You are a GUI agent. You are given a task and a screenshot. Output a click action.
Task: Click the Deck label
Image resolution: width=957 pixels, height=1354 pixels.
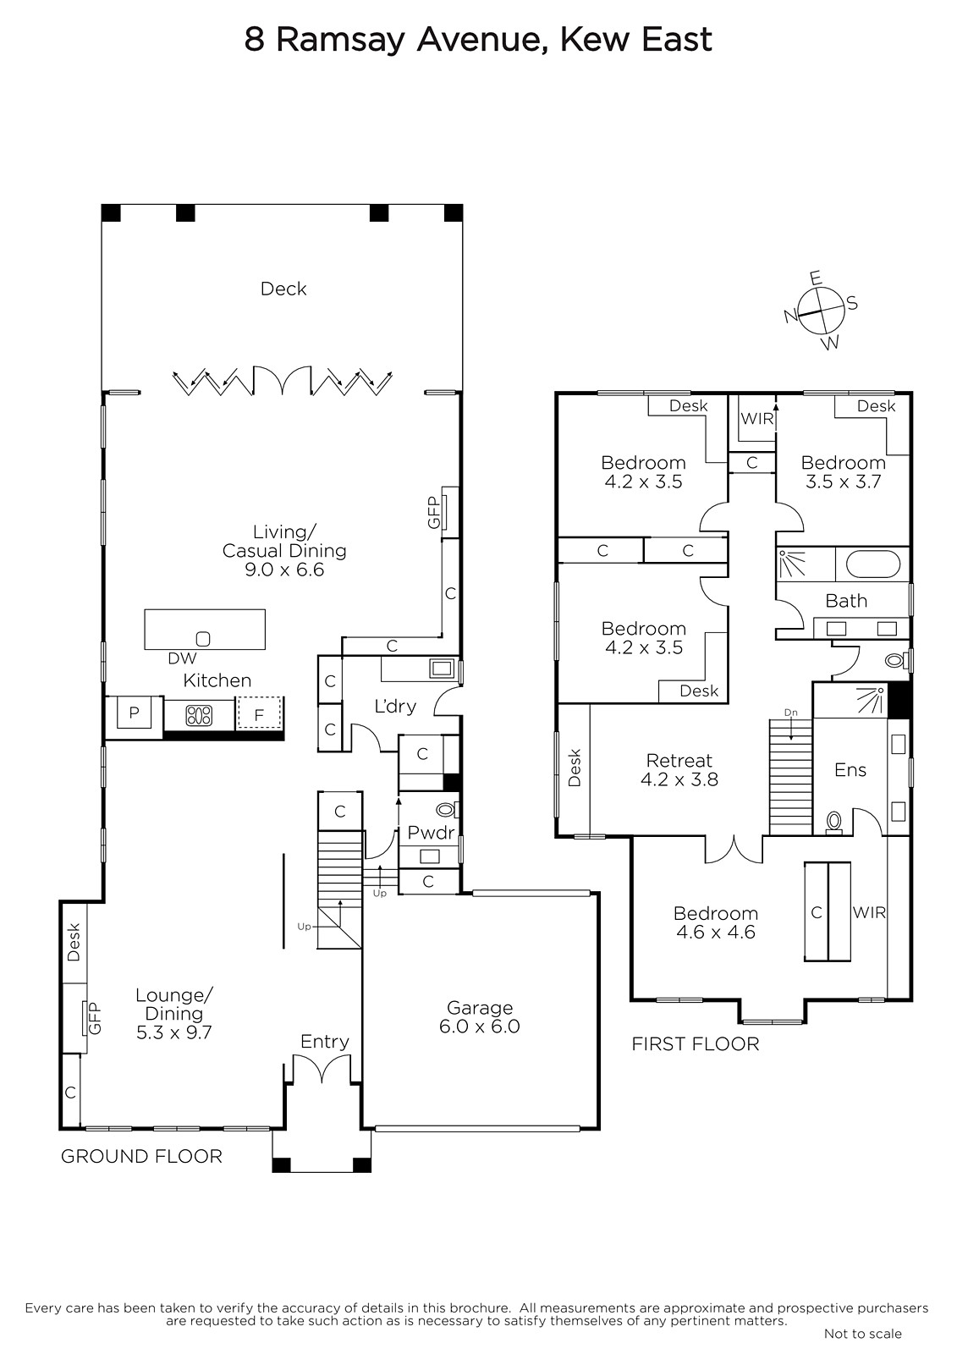[283, 289]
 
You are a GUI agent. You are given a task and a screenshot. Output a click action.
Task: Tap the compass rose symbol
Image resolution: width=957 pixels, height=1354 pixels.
[822, 311]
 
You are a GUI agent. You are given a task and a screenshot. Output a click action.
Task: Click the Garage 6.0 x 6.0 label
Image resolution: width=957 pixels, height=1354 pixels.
[480, 1016]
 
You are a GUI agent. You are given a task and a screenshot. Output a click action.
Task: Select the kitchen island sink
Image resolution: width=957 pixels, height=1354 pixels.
[203, 638]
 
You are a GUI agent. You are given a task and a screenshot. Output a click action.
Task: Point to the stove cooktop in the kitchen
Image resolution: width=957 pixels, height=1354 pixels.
[199, 716]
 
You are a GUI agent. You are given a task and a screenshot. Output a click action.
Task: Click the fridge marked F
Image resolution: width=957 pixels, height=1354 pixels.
[259, 714]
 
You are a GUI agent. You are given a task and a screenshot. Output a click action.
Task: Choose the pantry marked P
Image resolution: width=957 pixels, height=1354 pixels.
[134, 713]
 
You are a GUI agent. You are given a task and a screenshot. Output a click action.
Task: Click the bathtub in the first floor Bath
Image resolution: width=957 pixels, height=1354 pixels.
[873, 564]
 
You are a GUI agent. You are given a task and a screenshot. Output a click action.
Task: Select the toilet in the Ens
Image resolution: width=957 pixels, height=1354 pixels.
[833, 822]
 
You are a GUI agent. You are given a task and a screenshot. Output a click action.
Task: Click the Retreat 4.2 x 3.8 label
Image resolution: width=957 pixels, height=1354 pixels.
[679, 769]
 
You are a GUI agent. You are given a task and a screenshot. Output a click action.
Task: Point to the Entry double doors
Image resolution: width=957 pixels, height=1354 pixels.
[321, 1067]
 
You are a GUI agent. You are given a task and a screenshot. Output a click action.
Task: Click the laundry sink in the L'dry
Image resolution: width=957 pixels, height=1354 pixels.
[440, 668]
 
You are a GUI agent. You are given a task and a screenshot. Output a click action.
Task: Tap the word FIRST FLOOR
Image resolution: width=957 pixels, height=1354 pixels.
[696, 1044]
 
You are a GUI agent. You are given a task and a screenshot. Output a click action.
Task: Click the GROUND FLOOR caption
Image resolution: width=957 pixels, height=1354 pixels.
[141, 1156]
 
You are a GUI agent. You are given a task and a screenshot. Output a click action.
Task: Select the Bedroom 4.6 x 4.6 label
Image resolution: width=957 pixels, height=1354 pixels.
[716, 922]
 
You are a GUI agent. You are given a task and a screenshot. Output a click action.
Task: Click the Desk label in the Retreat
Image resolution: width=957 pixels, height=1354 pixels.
[575, 768]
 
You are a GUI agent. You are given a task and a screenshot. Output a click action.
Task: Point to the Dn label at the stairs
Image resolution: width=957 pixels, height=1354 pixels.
[791, 713]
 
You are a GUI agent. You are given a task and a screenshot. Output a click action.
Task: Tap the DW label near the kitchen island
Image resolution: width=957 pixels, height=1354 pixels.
[182, 659]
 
